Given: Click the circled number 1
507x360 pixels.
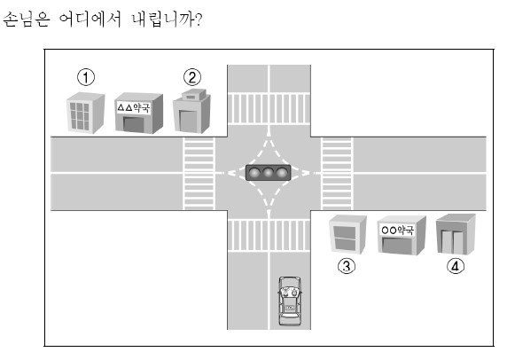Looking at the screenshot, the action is pos(86,77).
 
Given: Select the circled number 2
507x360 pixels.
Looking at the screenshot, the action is pos(192,77).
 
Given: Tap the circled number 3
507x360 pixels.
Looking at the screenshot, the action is pos(347,266).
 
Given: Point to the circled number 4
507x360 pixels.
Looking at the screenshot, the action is pos(456,266).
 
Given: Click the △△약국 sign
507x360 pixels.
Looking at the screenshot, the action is pos(134,107).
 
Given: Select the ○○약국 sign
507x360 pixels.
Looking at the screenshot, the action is pos(397,230).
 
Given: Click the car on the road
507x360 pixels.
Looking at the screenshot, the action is pos(290,301).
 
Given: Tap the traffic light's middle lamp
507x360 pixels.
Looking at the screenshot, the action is pos(269,172).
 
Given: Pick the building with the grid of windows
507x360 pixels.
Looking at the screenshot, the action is pos(85,113).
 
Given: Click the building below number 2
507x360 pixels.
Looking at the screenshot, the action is pos(191,111).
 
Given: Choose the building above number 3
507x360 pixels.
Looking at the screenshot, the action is pos(347,234).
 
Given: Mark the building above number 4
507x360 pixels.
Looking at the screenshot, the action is pos(456,234).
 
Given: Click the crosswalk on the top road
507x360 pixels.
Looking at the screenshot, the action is pos(269,109).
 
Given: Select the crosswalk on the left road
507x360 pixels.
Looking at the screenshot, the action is pos(199,174).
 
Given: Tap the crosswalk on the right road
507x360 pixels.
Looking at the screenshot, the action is pos(337,174).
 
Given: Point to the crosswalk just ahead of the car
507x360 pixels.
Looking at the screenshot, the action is pos(269,235).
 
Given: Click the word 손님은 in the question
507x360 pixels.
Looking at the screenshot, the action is pos(27,20).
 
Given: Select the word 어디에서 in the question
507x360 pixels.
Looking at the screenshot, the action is pos(90,20).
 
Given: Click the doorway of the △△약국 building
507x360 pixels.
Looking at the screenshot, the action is pos(133,124).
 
